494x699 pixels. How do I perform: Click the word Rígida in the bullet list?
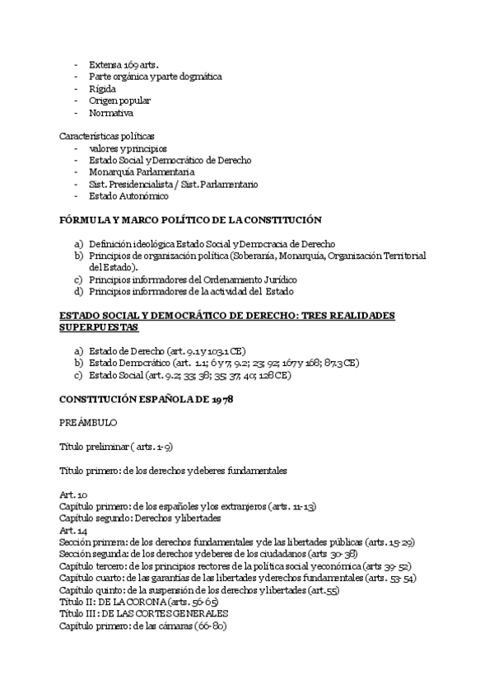pyautogui.click(x=102, y=88)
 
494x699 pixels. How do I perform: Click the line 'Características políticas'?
pyautogui.click(x=107, y=135)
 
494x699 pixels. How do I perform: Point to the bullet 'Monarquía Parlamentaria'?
pyautogui.click(x=142, y=172)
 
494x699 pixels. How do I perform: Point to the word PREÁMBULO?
pyautogui.click(x=88, y=422)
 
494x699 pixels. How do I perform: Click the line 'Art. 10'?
pyautogui.click(x=73, y=493)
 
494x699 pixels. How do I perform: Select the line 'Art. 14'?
pyautogui.click(x=73, y=532)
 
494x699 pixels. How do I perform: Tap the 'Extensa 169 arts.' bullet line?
pyautogui.click(x=123, y=64)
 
